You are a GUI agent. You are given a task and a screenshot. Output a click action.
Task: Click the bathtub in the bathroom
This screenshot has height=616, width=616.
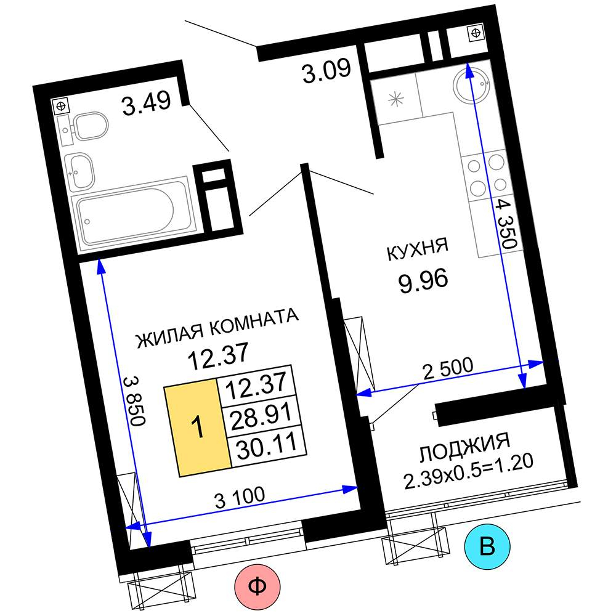(x=133, y=214)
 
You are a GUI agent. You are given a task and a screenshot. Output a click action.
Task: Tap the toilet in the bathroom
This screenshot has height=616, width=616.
(x=86, y=126)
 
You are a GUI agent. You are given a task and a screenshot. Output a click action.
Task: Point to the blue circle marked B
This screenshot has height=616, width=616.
(x=487, y=546)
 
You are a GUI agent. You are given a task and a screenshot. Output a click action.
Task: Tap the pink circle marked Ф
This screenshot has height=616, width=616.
(x=257, y=587)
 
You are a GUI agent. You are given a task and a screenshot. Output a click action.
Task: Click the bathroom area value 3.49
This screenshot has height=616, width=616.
(x=147, y=102)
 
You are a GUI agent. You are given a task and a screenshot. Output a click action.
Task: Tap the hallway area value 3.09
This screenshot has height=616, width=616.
(x=326, y=71)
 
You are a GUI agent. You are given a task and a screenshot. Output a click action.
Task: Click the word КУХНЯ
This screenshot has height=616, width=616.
(x=417, y=249)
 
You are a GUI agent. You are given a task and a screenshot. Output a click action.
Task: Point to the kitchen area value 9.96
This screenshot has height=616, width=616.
(x=423, y=281)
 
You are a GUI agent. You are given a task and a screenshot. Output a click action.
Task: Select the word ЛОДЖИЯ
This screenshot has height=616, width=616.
(x=464, y=447)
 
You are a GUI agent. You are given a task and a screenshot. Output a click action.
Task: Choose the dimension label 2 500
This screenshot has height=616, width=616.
(x=447, y=368)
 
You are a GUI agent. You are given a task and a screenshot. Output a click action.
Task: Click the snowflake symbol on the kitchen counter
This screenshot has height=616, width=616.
(x=396, y=99)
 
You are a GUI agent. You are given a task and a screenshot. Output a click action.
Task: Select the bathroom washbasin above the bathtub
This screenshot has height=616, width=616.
(x=79, y=170)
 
